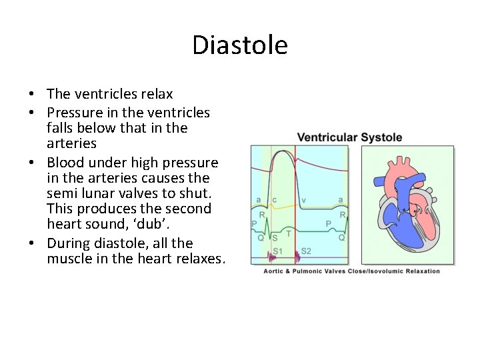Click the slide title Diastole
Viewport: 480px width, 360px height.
coord(240,45)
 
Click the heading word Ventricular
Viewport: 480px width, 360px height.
coord(327,137)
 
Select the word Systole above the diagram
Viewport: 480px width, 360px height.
coord(381,137)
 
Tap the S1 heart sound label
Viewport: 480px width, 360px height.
coord(277,251)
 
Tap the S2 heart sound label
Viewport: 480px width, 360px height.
coord(306,251)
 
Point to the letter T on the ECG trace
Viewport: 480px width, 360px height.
coord(287,233)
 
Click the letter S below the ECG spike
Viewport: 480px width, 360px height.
coord(275,237)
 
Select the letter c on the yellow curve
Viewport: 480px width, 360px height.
coord(275,200)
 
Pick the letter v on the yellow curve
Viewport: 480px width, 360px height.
coord(304,200)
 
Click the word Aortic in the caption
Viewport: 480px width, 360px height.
coord(276,271)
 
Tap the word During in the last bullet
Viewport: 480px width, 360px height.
coord(69,243)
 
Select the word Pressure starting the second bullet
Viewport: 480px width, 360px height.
coord(74,111)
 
